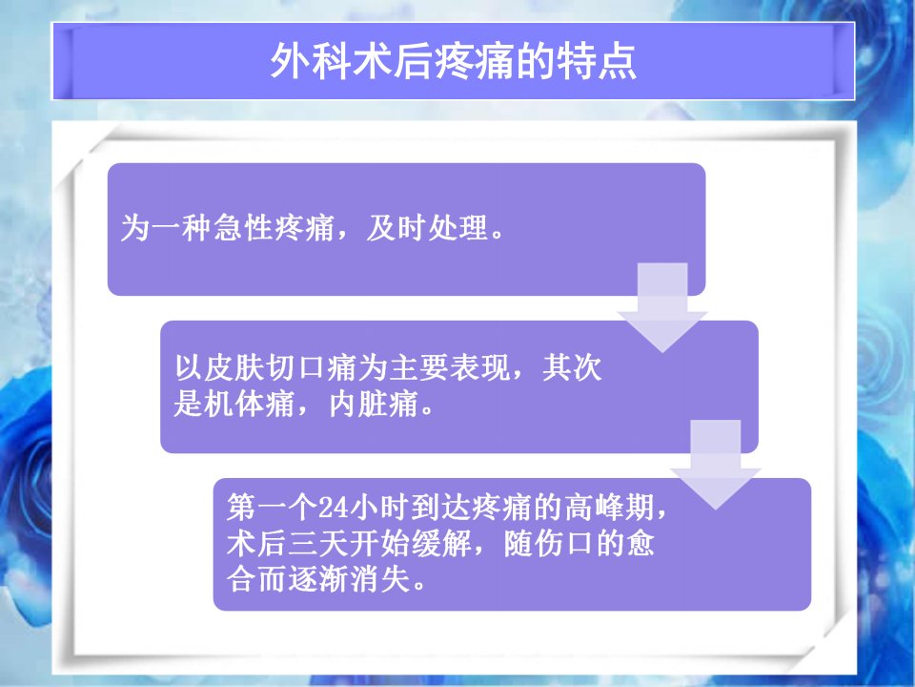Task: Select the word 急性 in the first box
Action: pos(243,227)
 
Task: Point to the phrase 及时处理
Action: pos(427,227)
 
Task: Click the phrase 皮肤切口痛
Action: pos(279,367)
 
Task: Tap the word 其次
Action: pos(572,367)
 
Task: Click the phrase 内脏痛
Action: pos(374,404)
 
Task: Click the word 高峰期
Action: pos(610,507)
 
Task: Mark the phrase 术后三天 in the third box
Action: pos(287,543)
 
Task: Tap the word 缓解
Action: pos(441,543)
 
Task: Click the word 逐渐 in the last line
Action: pos(317,579)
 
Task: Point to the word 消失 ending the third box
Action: pos(379,579)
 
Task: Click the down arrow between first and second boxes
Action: pos(662,308)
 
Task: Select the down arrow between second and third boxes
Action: pos(716,465)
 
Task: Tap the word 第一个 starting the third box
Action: pos(272,507)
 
